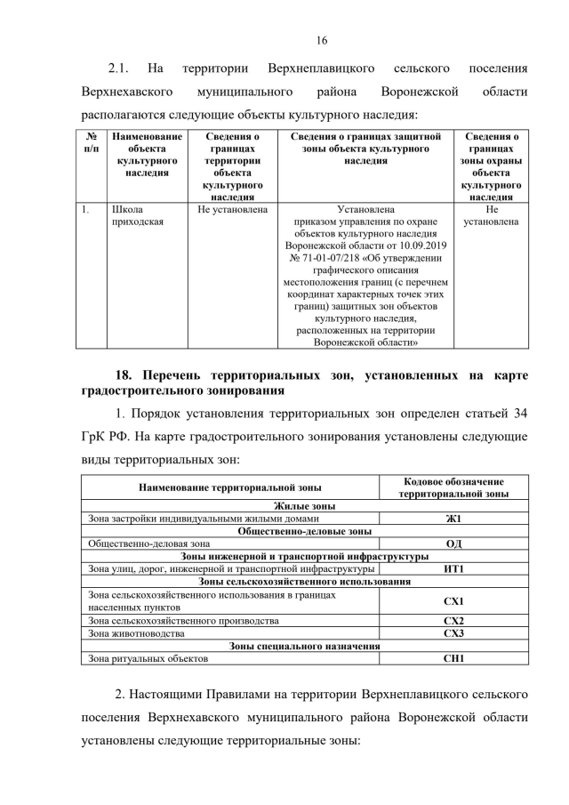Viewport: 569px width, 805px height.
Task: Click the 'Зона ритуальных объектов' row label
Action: pyautogui.click(x=148, y=659)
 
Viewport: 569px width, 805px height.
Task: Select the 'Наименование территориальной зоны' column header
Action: pyautogui.click(x=230, y=487)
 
